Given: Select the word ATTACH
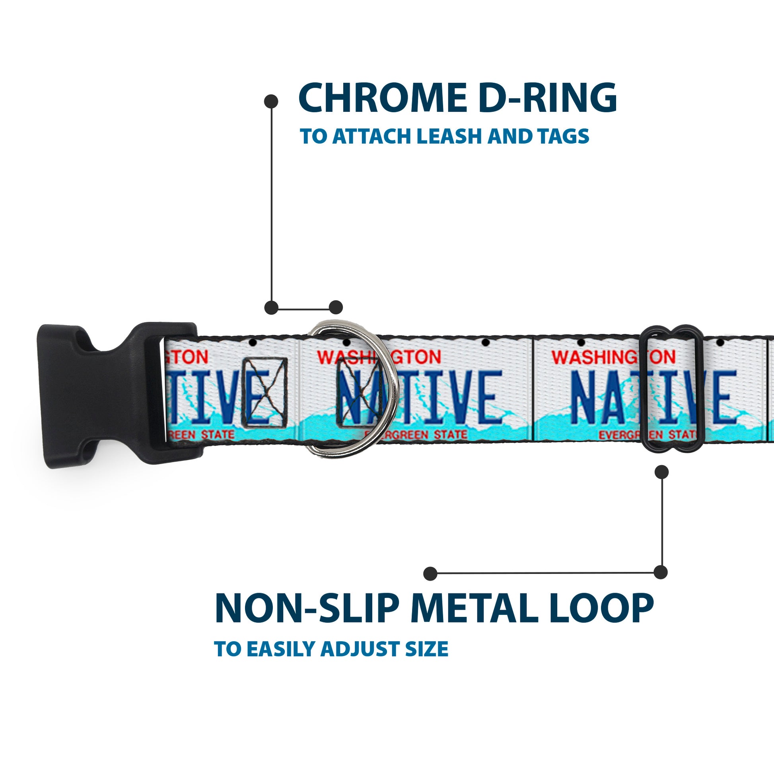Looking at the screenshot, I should (x=373, y=136).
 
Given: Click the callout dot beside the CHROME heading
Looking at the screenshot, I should (x=271, y=101).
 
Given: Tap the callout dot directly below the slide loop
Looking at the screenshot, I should (x=661, y=472).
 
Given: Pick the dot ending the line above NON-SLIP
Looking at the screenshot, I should (x=430, y=573).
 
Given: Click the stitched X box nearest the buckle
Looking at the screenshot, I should (x=265, y=392).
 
